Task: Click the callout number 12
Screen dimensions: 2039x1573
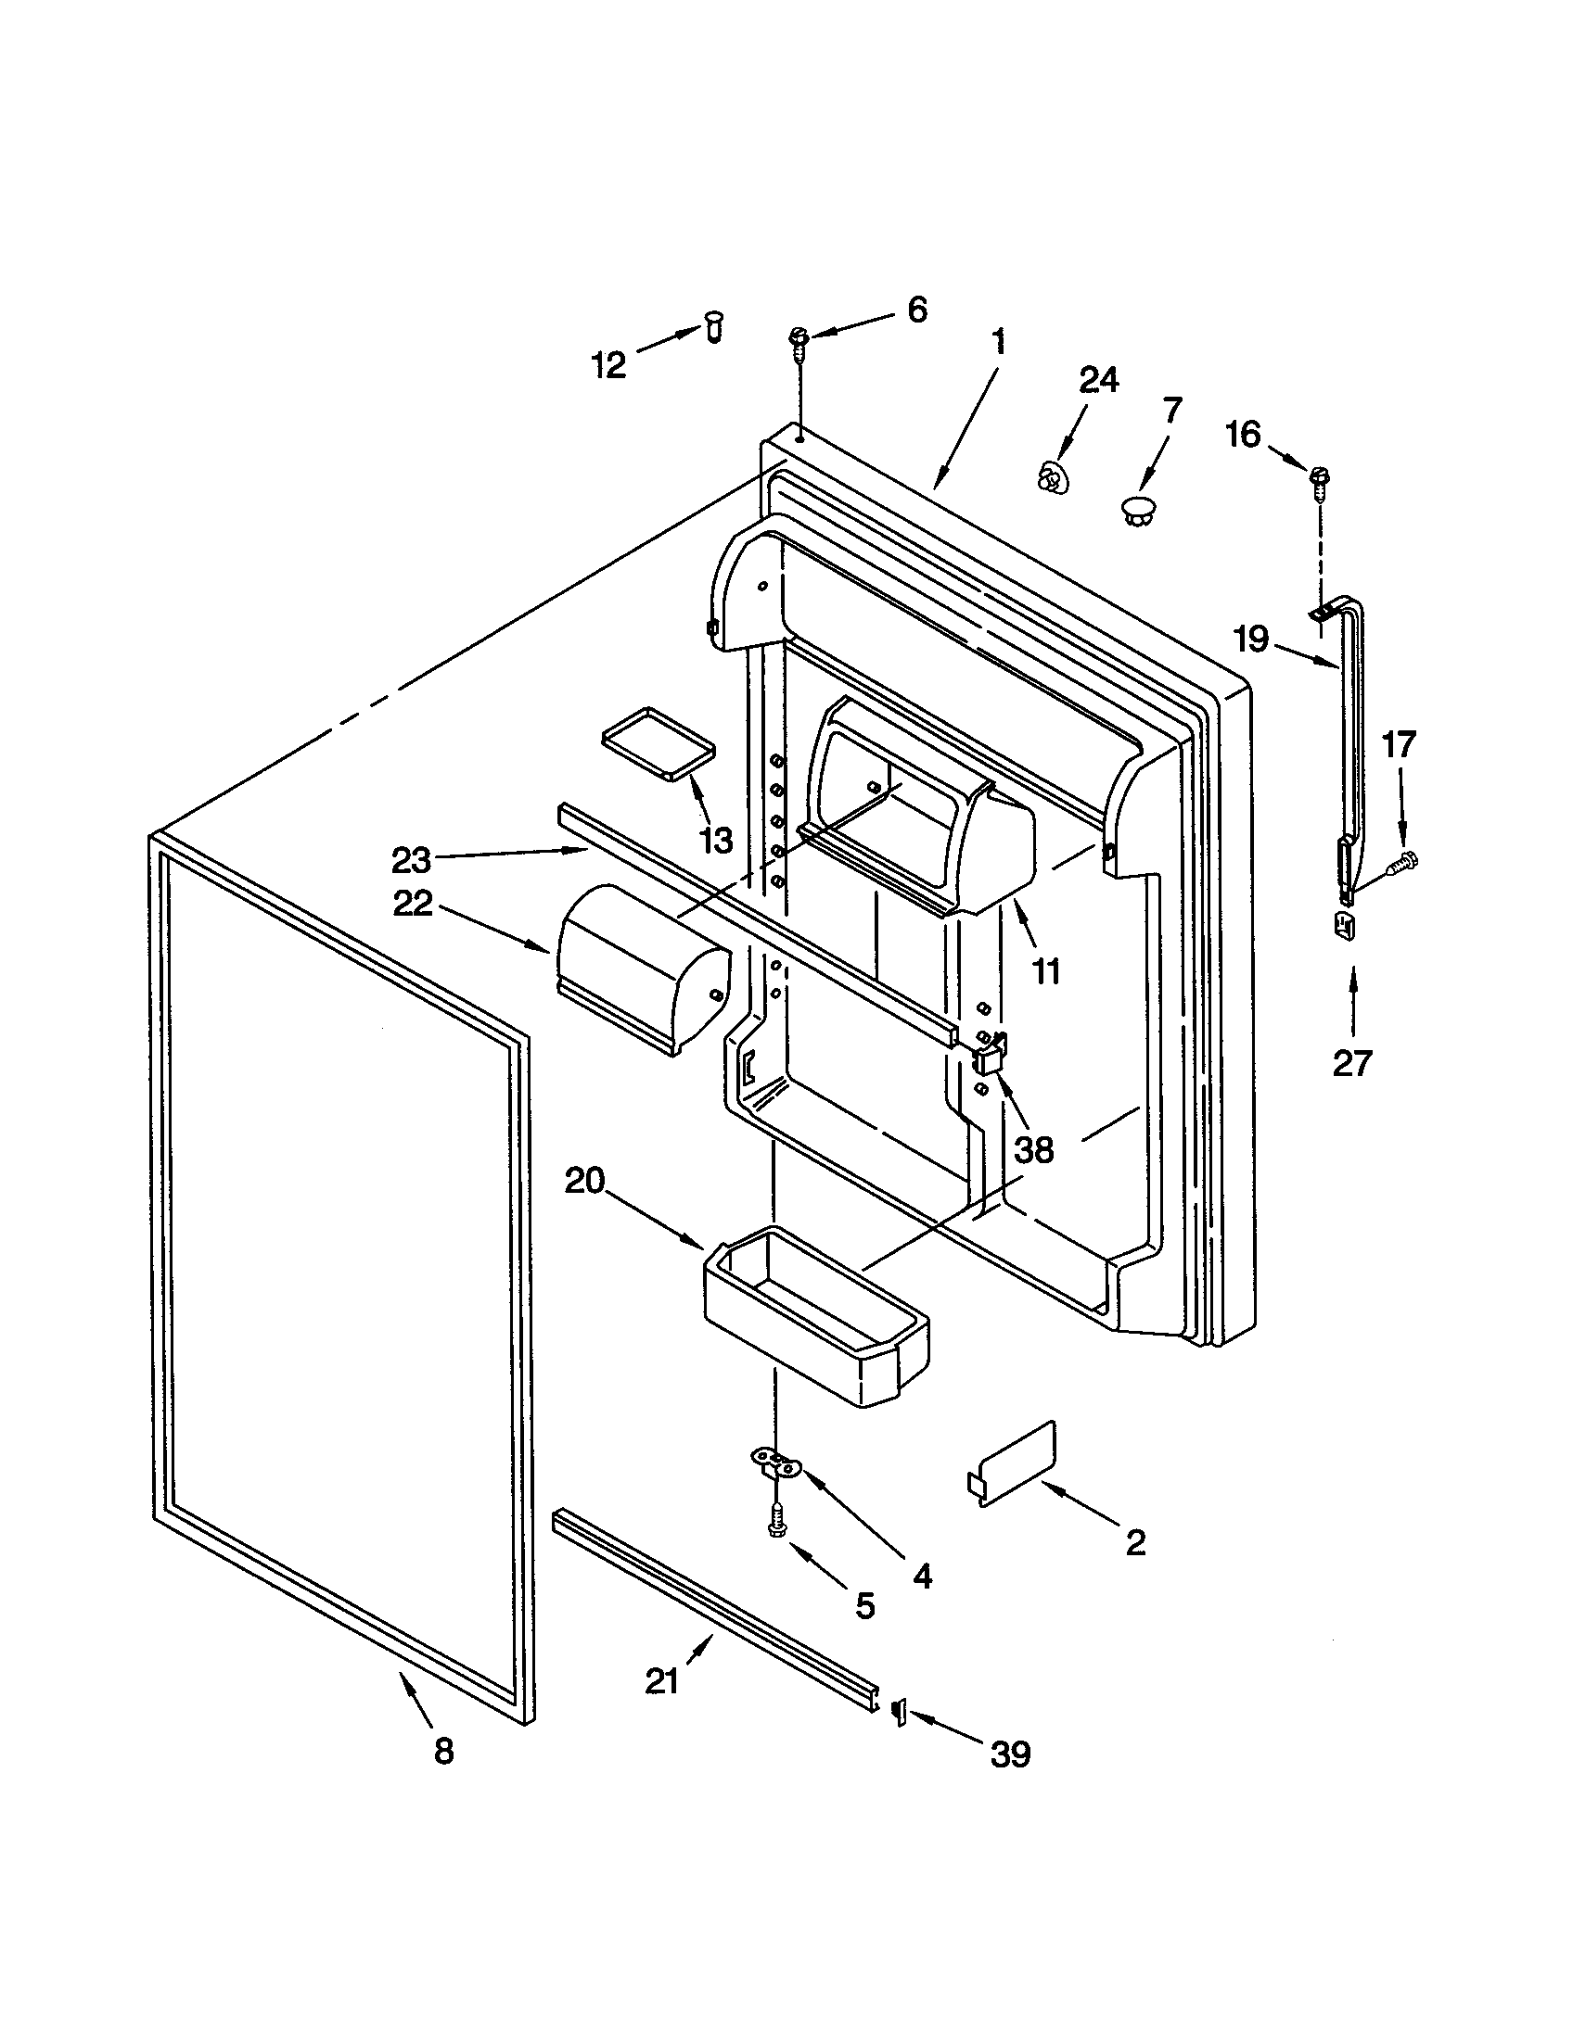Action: (x=608, y=365)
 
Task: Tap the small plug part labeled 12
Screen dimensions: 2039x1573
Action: (x=714, y=328)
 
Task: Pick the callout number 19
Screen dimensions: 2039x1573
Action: (x=1251, y=640)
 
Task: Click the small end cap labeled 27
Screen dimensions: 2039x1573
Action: (x=1344, y=927)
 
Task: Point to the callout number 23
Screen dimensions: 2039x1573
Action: (x=412, y=858)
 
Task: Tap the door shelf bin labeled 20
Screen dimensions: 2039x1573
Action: (x=813, y=1321)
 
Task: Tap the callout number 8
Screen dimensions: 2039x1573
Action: (x=443, y=1751)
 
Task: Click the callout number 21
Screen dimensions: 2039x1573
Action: (x=662, y=1681)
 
